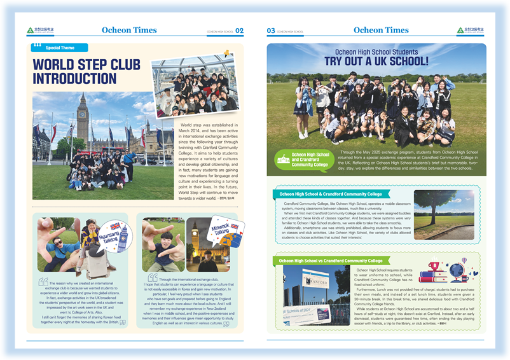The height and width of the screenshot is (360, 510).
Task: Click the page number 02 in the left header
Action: click(x=239, y=31)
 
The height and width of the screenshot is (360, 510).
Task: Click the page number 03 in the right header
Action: click(x=271, y=31)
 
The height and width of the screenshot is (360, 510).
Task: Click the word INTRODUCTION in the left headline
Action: click(x=75, y=78)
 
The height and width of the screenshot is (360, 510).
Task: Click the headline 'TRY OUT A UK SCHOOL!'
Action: click(x=376, y=61)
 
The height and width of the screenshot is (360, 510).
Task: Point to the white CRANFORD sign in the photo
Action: click(x=315, y=281)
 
